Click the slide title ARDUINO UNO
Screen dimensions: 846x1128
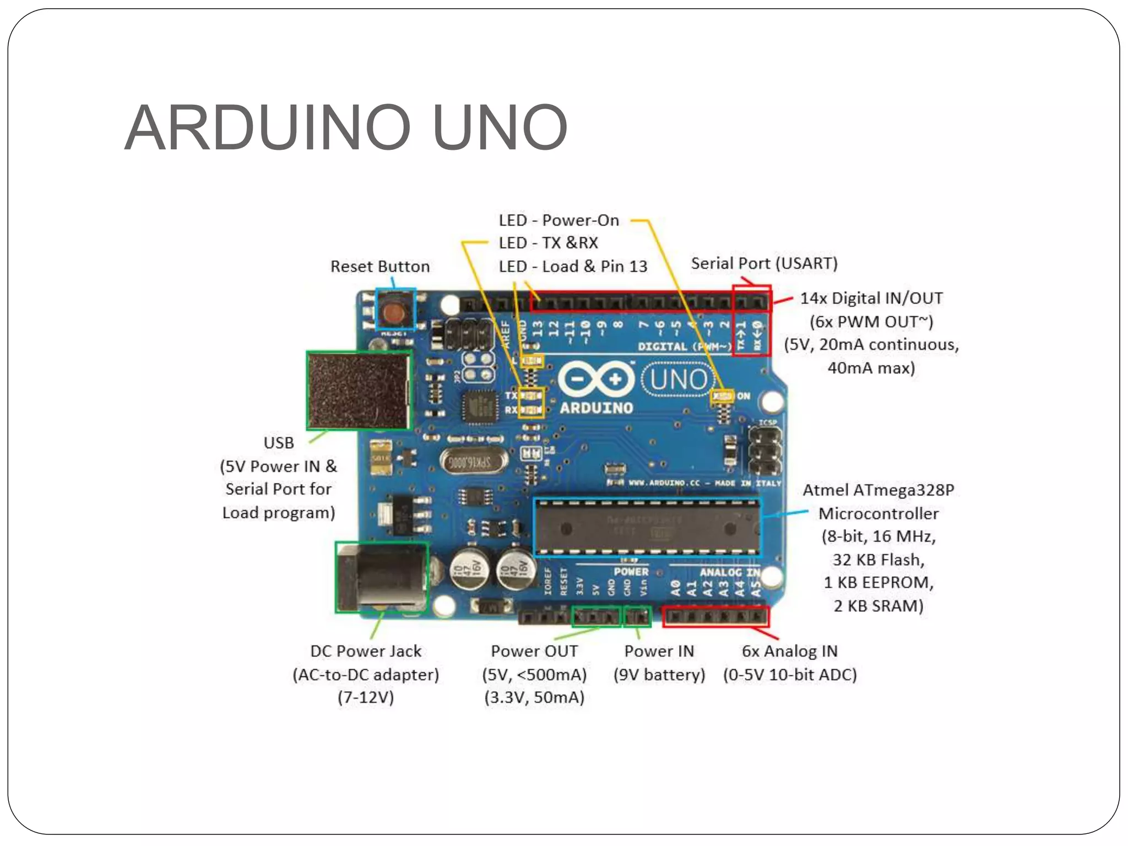(346, 128)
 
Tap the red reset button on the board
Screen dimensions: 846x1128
(395, 312)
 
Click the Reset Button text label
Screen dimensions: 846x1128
(380, 267)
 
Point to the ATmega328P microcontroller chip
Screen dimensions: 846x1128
(647, 528)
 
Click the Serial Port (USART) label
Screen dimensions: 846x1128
(764, 263)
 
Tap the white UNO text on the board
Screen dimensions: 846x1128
(678, 379)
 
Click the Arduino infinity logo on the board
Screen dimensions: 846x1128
(596, 379)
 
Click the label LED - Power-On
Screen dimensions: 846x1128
(558, 220)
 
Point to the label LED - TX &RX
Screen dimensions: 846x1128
(548, 243)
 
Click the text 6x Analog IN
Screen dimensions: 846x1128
(789, 651)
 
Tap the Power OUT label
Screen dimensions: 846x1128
(534, 651)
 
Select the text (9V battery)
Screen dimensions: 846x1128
(659, 675)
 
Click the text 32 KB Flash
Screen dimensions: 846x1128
(878, 560)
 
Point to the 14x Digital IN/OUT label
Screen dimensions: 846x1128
(871, 299)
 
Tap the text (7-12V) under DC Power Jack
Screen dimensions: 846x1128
(366, 697)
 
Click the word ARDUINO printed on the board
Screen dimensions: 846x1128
(596, 408)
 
